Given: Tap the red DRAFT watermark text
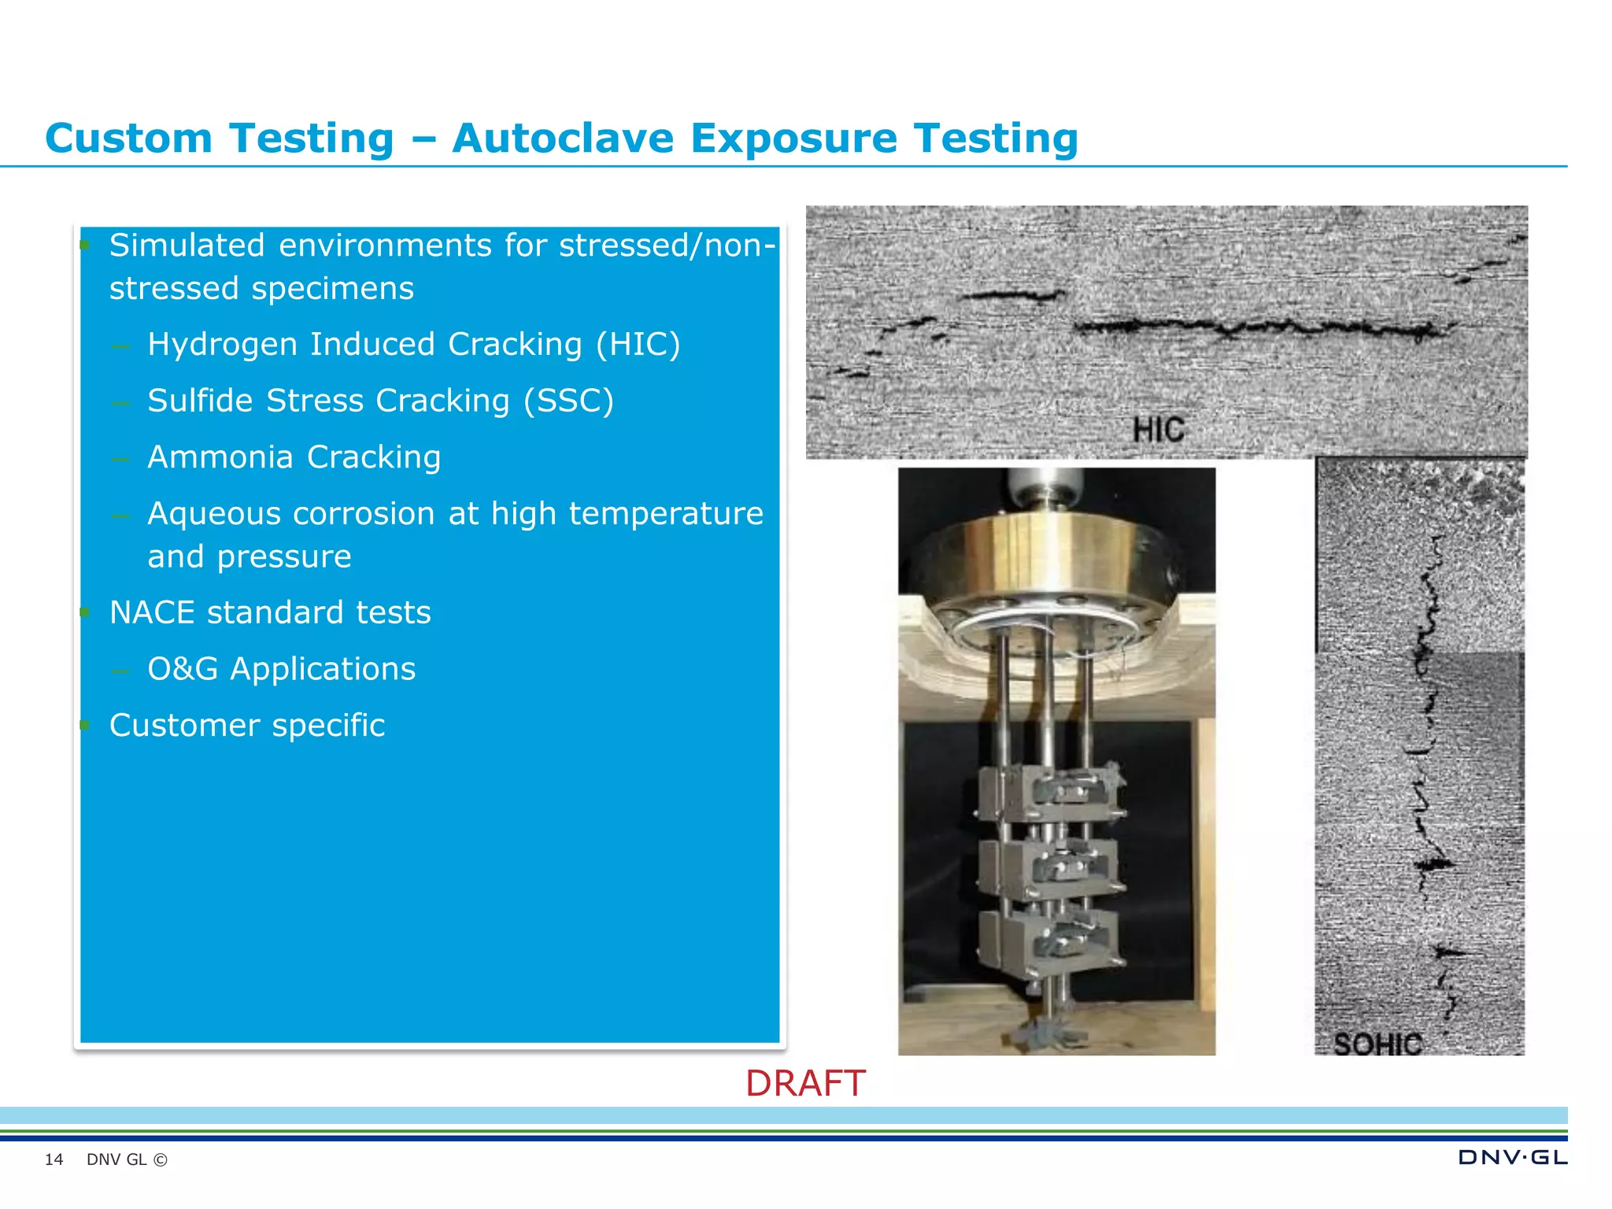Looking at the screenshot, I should (805, 1084).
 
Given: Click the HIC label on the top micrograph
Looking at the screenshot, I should (1158, 430).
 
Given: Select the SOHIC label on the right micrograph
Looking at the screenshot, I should (1377, 1044).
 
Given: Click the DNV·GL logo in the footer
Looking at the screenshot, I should (1512, 1157).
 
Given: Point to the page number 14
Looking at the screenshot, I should (54, 1159).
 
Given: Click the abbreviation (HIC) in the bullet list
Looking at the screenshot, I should (638, 344).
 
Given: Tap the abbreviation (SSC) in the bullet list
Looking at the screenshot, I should (569, 401).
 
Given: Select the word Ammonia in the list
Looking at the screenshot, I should (220, 457).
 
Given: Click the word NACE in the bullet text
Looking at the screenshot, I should (153, 612).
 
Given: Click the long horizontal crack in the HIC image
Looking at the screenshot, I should (1259, 326).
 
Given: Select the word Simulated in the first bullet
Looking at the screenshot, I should (187, 246).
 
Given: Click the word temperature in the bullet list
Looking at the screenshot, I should (666, 514).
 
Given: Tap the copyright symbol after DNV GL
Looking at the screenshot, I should (161, 1159).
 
